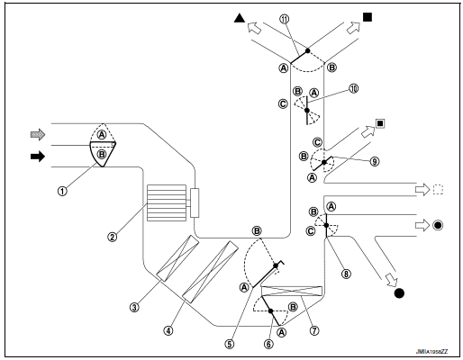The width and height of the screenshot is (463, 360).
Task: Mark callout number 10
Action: click(x=355, y=88)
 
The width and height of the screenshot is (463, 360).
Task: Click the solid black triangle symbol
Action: click(x=239, y=17)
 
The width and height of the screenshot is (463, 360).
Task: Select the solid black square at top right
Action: click(x=368, y=17)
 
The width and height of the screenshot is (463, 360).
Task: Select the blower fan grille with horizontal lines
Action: click(x=164, y=202)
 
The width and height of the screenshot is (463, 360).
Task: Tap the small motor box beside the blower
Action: click(x=195, y=202)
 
